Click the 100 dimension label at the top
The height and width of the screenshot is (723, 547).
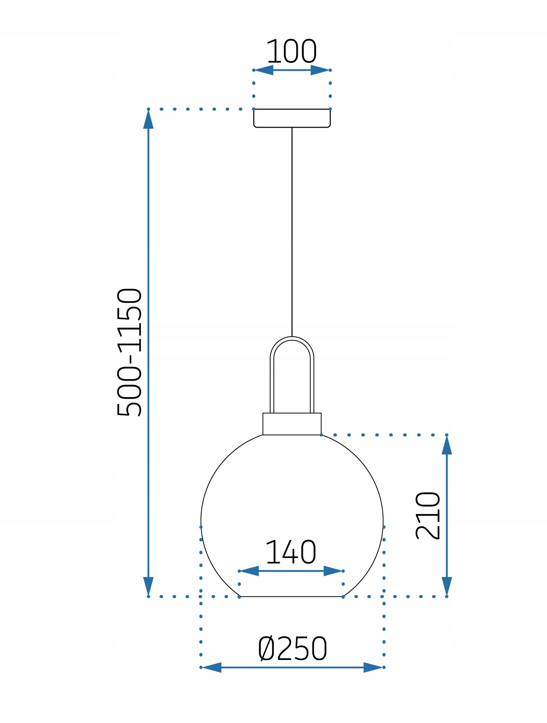tap(291, 51)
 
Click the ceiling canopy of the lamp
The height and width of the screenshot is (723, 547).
tap(292, 118)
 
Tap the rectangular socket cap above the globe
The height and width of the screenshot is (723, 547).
tap(292, 424)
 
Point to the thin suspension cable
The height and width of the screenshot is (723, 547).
tap(292, 232)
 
